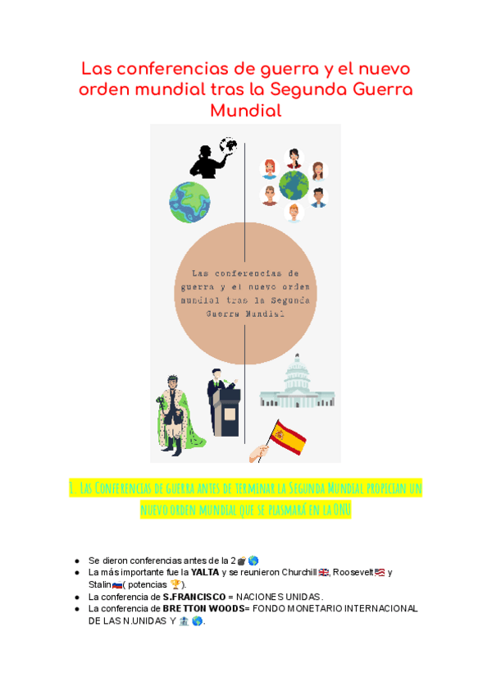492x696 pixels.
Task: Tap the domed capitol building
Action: (x=296, y=381)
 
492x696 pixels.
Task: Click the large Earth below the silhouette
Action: (x=189, y=202)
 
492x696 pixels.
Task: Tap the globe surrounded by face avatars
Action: (x=293, y=185)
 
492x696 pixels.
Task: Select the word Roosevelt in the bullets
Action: (x=353, y=572)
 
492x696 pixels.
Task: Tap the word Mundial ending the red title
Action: (x=245, y=110)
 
